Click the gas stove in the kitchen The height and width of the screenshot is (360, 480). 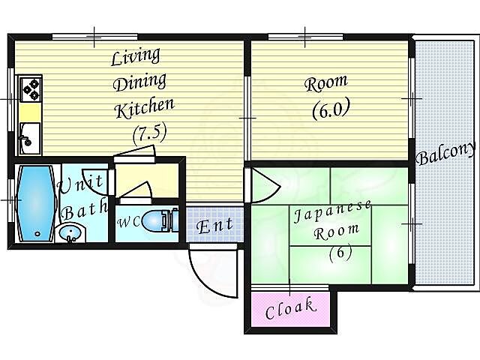30,88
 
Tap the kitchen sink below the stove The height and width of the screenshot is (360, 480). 30,138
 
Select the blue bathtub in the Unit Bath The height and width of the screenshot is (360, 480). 36,203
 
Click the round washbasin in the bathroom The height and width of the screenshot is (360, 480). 71,233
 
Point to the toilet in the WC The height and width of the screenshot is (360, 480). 160,220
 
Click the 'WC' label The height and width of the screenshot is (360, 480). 128,222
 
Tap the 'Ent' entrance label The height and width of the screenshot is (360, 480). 214,226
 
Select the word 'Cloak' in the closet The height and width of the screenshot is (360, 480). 290,308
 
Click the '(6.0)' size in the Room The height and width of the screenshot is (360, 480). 331,109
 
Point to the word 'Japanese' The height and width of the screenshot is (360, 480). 332,211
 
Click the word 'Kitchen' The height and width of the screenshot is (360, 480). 145,107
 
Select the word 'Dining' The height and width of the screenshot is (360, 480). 139,82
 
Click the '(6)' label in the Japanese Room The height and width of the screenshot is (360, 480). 340,253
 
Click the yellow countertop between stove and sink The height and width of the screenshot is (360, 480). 30,112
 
